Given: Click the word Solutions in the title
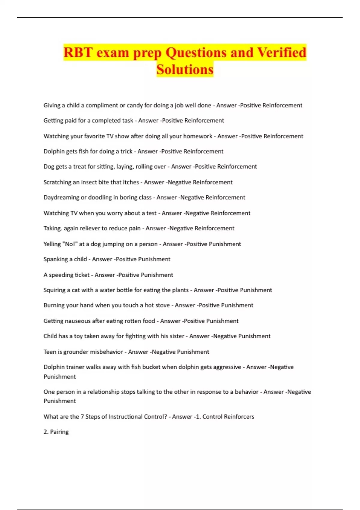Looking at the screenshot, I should point(185,69).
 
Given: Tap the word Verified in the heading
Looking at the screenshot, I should point(282,52).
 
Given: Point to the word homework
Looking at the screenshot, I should point(198,136).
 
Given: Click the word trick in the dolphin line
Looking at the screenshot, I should point(126,151).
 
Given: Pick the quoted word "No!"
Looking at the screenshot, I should point(70,244).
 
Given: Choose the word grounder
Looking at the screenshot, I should point(76,352).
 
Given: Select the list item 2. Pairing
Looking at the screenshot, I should point(56,432).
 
